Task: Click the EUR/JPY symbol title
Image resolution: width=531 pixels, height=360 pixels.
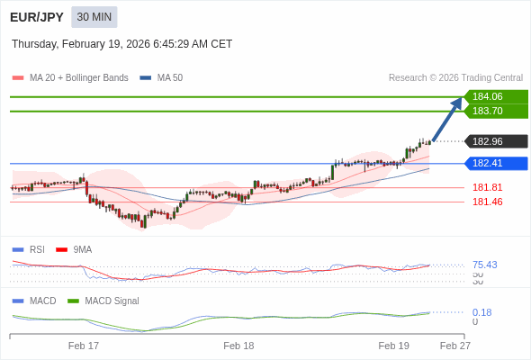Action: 36,17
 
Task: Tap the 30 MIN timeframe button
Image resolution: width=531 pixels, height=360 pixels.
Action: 94,17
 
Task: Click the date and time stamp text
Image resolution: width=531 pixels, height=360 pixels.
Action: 121,44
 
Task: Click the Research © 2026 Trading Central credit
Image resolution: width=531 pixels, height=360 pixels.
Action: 455,78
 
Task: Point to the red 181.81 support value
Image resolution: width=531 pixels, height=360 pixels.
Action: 487,187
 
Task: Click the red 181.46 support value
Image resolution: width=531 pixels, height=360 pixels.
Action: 487,202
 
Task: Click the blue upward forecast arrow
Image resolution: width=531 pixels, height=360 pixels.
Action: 447,119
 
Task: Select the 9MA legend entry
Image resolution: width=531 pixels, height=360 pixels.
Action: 82,249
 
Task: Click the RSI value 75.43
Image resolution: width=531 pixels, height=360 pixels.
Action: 484,265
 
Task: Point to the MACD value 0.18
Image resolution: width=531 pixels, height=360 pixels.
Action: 481,312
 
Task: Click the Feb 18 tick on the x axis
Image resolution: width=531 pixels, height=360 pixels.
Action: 238,346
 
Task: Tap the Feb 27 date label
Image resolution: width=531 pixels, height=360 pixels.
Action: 454,346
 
